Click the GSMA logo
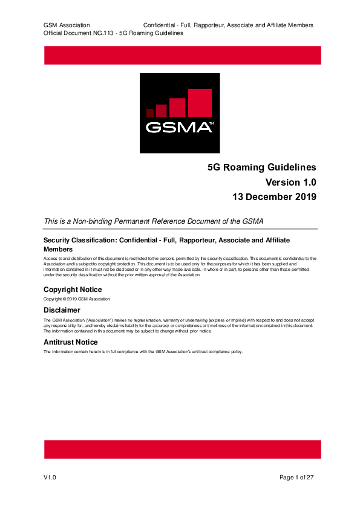(x=180, y=113)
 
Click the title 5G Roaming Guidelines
(x=261, y=167)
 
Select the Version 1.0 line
(x=290, y=182)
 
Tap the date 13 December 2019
(x=275, y=196)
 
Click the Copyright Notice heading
(x=73, y=290)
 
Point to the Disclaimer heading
(x=62, y=310)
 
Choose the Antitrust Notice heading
(x=70, y=342)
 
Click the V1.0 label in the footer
(x=50, y=478)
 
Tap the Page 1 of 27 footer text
(x=296, y=478)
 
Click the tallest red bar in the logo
(x=200, y=103)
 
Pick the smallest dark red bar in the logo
(x=150, y=112)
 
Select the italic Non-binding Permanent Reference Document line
(x=154, y=221)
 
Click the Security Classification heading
(x=157, y=241)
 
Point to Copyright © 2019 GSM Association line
(x=77, y=299)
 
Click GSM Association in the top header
(x=67, y=25)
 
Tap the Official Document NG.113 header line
(x=113, y=33)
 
